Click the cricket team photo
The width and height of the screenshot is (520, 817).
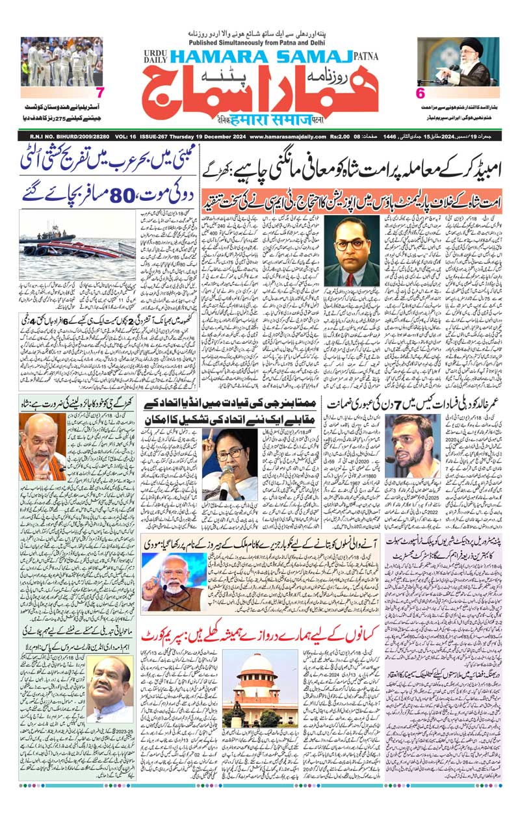coord(62,61)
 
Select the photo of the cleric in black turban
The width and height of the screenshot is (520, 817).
coord(459,62)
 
